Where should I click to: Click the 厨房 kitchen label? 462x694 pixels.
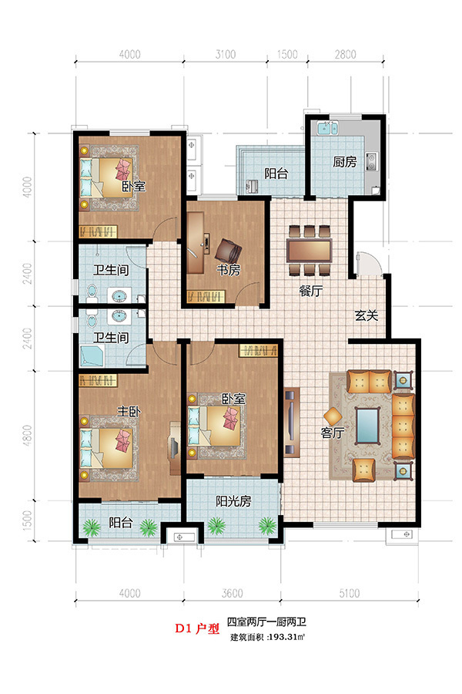pyautogui.click(x=344, y=162)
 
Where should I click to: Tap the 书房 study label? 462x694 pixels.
pyautogui.click(x=228, y=270)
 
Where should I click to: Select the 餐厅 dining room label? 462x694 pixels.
pyautogui.click(x=311, y=291)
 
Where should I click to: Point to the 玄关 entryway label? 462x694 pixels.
pyautogui.click(x=367, y=316)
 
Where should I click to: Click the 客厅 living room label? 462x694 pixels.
pyautogui.click(x=333, y=432)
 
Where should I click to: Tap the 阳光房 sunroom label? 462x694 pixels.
pyautogui.click(x=233, y=501)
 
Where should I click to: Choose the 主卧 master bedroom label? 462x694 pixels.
pyautogui.click(x=129, y=411)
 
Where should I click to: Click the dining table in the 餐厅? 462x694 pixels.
pyautogui.click(x=309, y=251)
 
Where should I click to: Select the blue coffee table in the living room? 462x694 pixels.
pyautogui.click(x=367, y=426)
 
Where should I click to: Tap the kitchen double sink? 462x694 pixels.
pyautogui.click(x=327, y=128)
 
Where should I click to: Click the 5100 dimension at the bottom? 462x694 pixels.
pyautogui.click(x=350, y=593)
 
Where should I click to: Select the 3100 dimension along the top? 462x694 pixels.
pyautogui.click(x=226, y=55)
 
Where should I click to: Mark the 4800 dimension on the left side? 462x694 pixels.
pyautogui.click(x=28, y=436)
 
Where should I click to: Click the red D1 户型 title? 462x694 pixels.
pyautogui.click(x=197, y=628)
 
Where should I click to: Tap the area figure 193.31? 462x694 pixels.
pyautogui.click(x=283, y=638)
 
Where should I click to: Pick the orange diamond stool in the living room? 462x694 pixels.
pyautogui.click(x=333, y=416)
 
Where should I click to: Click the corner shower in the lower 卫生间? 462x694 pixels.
pyautogui.click(x=92, y=357)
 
